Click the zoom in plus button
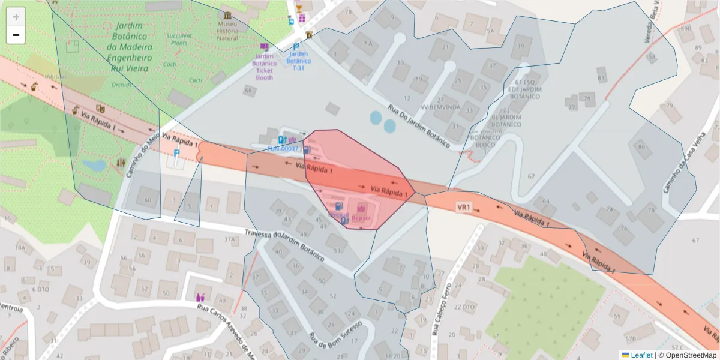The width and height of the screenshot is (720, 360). tap(16, 16)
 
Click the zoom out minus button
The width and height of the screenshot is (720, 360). tap(16, 35)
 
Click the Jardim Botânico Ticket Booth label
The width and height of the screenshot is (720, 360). tap(264, 67)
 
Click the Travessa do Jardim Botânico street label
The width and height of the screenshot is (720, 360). tap(286, 244)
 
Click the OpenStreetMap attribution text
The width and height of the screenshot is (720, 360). tap(687, 355)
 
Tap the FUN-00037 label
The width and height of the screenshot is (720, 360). tap(283, 148)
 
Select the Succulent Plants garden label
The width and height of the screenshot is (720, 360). tap(179, 39)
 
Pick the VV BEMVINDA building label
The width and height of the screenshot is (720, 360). tap(440, 107)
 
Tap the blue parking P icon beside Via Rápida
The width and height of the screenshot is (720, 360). tap(176, 154)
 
